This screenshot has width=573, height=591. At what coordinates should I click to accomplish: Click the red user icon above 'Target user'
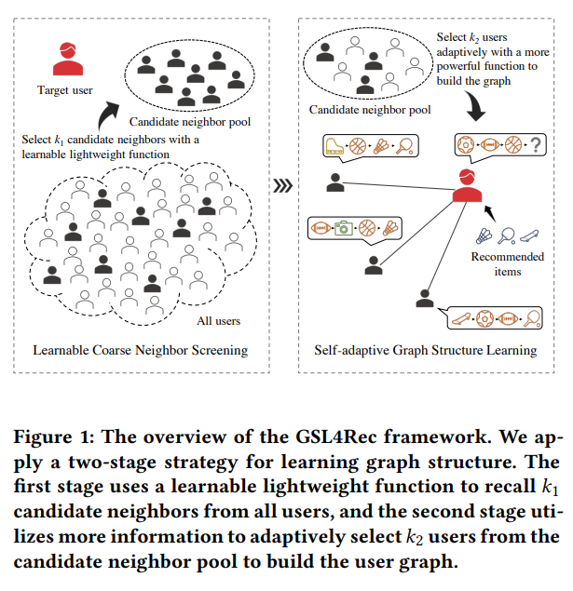click(68, 59)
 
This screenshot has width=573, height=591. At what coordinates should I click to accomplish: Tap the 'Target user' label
click(65, 90)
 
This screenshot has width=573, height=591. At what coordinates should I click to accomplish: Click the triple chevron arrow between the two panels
click(283, 185)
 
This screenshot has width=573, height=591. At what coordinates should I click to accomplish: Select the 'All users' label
click(218, 321)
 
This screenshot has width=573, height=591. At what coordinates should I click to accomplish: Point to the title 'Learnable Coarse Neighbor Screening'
click(141, 350)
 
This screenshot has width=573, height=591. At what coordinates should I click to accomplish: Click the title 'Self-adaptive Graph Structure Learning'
click(426, 350)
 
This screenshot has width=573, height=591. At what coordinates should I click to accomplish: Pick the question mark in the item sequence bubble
click(536, 145)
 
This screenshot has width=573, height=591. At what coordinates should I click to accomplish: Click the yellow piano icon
click(334, 146)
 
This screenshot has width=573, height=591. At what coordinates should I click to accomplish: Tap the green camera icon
click(344, 228)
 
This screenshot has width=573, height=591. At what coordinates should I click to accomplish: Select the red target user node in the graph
click(467, 185)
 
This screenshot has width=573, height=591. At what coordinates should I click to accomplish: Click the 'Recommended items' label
click(508, 263)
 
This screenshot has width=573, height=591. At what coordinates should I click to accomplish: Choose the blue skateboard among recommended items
click(529, 236)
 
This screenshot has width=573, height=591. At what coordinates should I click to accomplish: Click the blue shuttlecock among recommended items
click(484, 236)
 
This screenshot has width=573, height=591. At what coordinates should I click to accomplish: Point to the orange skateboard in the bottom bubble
click(461, 319)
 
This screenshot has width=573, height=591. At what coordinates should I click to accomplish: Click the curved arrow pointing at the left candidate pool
click(107, 115)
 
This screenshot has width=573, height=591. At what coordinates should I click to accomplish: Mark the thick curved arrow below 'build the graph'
click(475, 105)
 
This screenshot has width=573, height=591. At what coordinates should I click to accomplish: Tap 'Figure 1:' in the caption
click(54, 437)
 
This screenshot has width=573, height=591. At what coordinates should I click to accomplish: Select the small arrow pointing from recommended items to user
click(490, 213)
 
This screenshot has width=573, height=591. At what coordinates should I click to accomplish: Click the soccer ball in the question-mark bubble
click(466, 145)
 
